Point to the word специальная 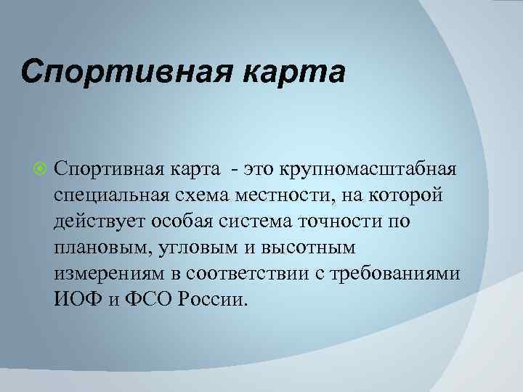click(x=109, y=195)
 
